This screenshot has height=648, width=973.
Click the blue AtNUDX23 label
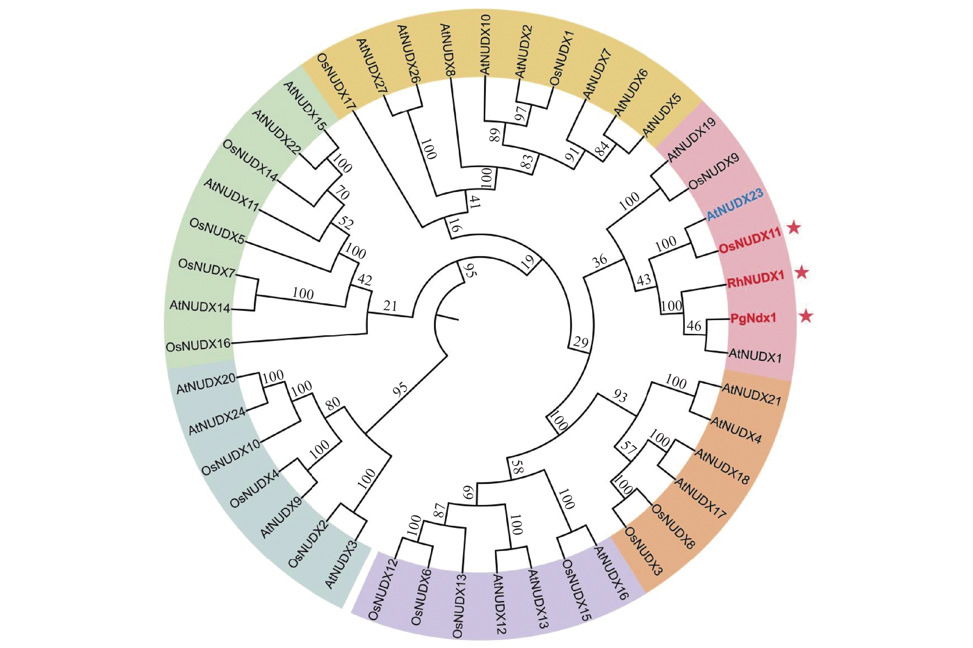pyautogui.click(x=734, y=205)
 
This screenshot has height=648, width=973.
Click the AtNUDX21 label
pyautogui.click(x=752, y=394)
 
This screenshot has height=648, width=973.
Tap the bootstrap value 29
pyautogui.click(x=580, y=342)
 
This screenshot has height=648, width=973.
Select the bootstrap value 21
pyautogui.click(x=390, y=306)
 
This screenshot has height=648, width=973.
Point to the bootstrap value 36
pyautogui.click(x=600, y=260)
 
